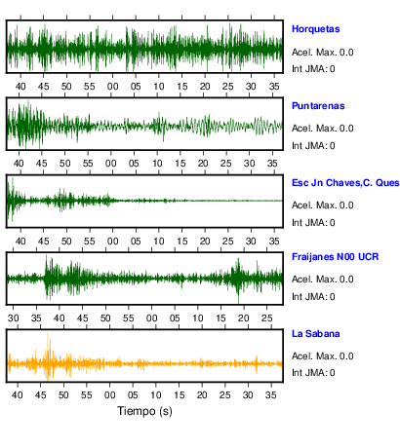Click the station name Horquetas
pyautogui.click(x=315, y=29)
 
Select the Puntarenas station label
pyautogui.click(x=318, y=106)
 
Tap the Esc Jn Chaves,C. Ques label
pyautogui.click(x=345, y=183)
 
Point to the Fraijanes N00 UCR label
pyautogui.click(x=335, y=257)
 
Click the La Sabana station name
pyautogui.click(x=315, y=334)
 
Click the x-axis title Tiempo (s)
pyautogui.click(x=144, y=411)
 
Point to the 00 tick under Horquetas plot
pyautogui.click(x=113, y=87)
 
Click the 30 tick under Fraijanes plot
pyautogui.click(x=14, y=318)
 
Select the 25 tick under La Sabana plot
pyautogui.click(x=225, y=395)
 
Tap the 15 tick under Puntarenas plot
pyautogui.click(x=180, y=164)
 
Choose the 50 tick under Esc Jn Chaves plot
pyautogui.click(x=66, y=242)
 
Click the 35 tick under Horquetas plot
pyautogui.click(x=274, y=87)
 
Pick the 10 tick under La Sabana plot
pyautogui.click(x=156, y=395)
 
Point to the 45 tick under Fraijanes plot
pyautogui.click(x=83, y=318)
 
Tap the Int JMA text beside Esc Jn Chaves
pyautogui.click(x=313, y=223)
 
